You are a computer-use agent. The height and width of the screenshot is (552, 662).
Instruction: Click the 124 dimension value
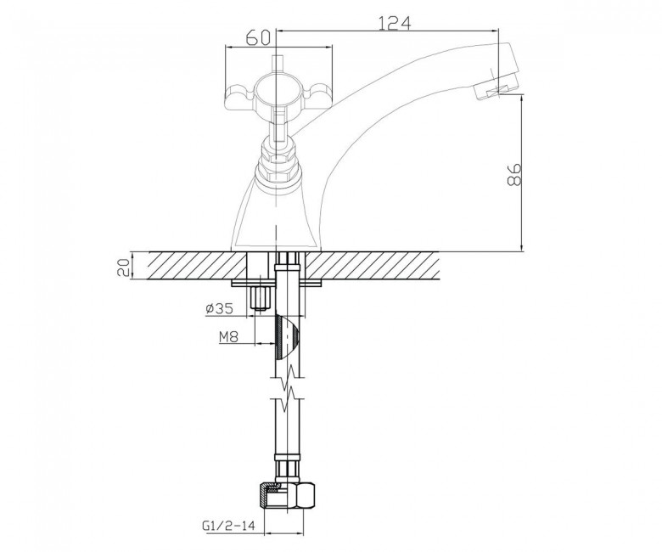point(394,23)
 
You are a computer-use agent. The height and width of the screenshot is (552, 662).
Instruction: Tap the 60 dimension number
point(257,38)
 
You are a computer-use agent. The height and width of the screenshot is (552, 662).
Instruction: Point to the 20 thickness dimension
point(123,267)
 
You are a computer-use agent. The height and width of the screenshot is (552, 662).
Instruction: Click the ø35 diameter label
point(220,309)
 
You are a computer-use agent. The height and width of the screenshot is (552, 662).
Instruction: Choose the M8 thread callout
point(229,336)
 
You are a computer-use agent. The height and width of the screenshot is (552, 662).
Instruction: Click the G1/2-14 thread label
point(228,526)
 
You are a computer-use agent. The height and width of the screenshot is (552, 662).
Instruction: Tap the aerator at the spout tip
point(496,88)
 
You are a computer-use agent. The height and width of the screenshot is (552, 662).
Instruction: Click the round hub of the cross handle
point(275,89)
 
